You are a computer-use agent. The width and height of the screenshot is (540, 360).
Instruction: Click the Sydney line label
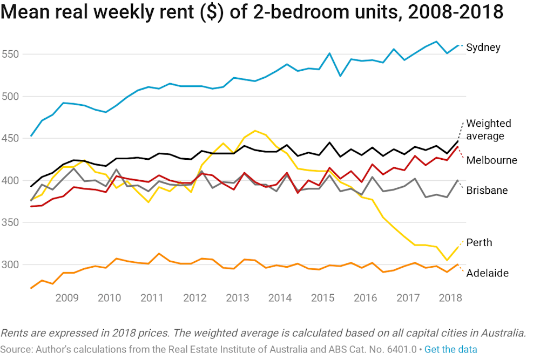tap(483, 47)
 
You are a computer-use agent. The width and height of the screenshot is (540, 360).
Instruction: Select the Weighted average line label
tap(488, 130)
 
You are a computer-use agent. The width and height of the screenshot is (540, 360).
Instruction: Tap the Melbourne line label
tap(491, 160)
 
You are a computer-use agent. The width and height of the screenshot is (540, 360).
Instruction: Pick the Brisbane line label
tap(487, 191)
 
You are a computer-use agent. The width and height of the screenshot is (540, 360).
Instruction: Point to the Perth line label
tap(479, 242)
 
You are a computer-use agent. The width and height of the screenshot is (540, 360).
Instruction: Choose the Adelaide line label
tap(487, 273)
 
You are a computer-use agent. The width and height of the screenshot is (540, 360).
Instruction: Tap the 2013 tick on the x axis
tap(237, 298)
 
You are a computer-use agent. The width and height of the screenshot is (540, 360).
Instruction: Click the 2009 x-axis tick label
tap(67, 298)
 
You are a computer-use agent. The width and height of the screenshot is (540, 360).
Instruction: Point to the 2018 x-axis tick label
tap(450, 298)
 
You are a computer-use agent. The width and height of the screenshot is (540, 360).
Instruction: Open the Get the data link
tap(450, 349)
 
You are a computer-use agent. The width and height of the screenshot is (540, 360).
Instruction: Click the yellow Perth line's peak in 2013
tap(255, 131)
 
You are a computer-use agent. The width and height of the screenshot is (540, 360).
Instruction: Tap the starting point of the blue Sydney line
tap(31, 135)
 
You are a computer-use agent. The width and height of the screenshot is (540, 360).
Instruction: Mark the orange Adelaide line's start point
tap(31, 288)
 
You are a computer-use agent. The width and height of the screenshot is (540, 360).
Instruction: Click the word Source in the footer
tap(15, 349)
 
